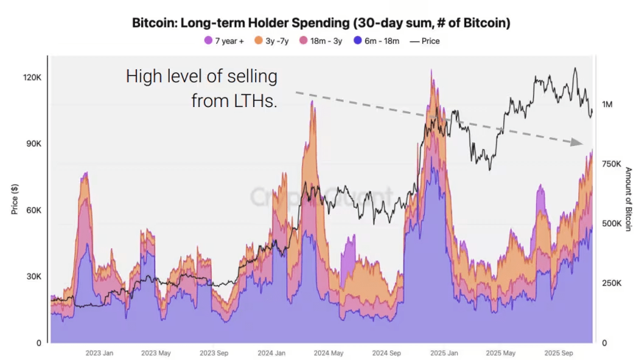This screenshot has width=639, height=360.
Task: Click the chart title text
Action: (x=321, y=23)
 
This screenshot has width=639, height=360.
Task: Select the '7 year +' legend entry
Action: (x=225, y=41)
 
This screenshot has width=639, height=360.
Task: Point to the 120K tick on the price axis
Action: (x=32, y=78)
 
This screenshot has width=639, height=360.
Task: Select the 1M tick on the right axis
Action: (x=607, y=105)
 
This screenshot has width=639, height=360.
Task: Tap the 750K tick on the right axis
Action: (x=611, y=164)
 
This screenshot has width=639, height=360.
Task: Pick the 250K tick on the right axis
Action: (x=611, y=283)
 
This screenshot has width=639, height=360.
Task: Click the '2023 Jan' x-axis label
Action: (x=99, y=353)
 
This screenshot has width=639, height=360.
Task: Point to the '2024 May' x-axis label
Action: (x=328, y=353)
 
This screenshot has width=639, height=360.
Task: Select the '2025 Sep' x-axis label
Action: (x=557, y=353)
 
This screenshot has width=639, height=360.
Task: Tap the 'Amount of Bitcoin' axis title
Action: (x=629, y=199)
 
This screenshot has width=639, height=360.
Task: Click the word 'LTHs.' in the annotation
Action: (x=252, y=100)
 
